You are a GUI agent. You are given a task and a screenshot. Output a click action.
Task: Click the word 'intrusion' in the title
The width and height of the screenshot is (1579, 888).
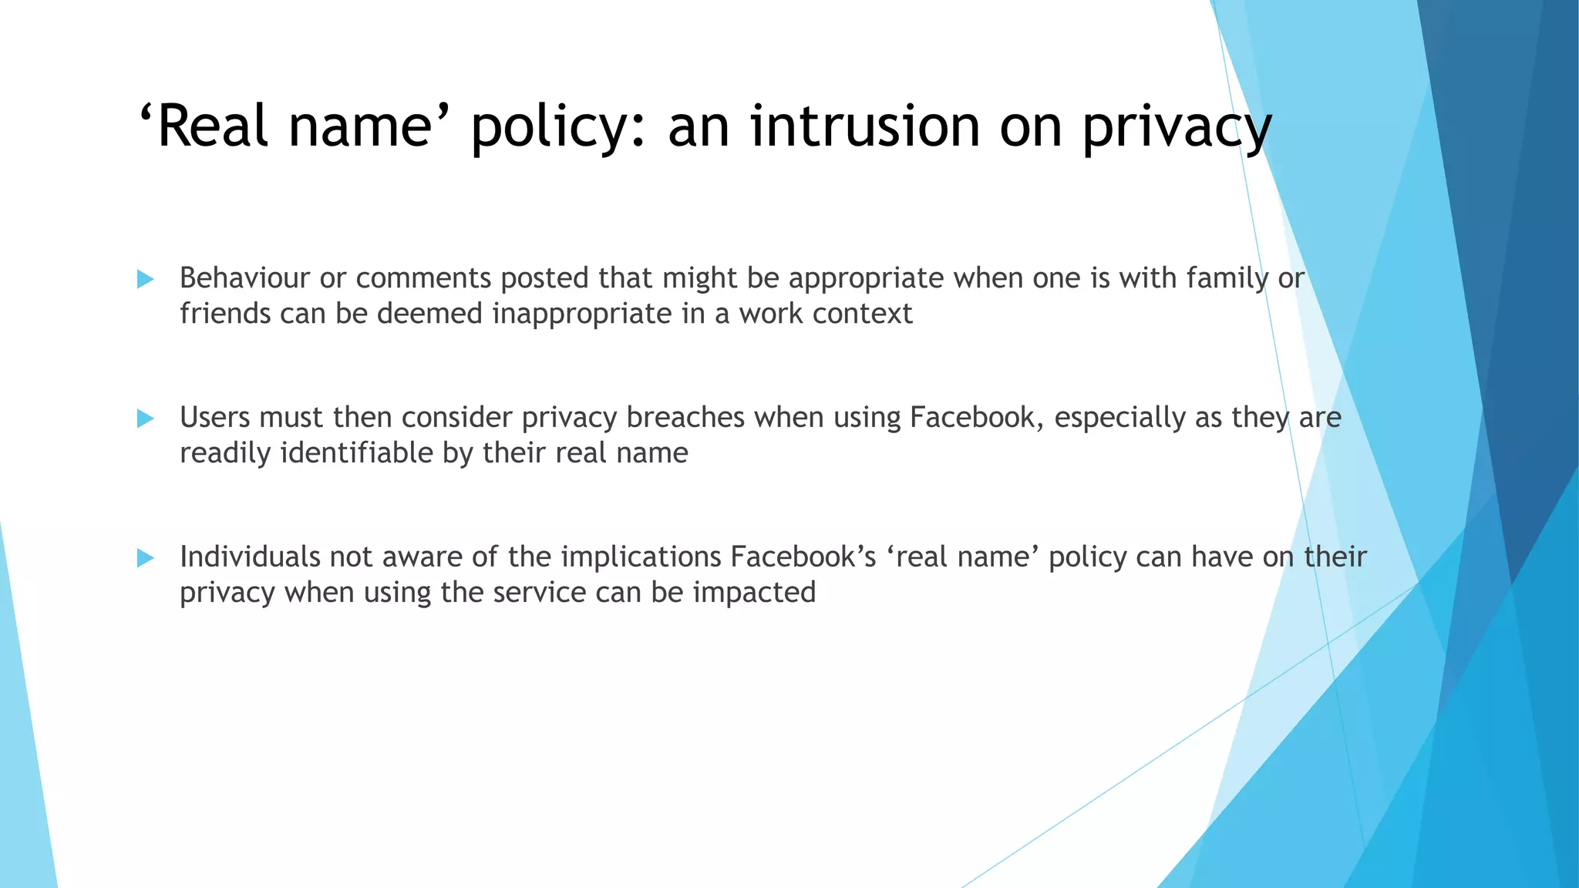[866, 126]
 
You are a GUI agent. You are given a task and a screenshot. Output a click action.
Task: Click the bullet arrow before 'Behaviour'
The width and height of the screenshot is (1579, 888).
[146, 279]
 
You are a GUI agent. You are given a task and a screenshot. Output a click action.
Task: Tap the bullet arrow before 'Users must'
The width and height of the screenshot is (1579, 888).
[146, 419]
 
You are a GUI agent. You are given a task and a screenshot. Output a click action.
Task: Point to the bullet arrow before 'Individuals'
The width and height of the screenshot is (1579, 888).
[146, 558]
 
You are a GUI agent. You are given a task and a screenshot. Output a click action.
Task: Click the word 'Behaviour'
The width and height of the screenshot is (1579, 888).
[244, 278]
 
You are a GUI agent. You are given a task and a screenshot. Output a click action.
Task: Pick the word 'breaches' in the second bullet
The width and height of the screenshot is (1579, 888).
[685, 418]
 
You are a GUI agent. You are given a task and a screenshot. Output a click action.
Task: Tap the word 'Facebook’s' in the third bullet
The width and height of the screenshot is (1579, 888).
[803, 557]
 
